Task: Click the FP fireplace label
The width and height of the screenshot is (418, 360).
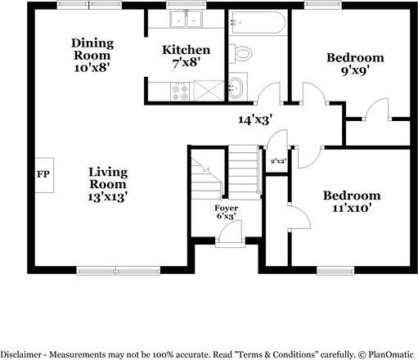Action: tap(43, 174)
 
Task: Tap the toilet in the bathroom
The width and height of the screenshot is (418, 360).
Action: tap(240, 53)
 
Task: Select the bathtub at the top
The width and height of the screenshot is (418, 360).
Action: tap(257, 22)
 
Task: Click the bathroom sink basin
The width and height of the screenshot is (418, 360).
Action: tap(236, 88)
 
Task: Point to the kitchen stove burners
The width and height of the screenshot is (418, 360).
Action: tap(180, 92)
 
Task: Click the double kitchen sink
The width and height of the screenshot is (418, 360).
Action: tap(187, 19)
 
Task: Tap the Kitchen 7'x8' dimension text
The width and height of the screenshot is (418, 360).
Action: tap(187, 63)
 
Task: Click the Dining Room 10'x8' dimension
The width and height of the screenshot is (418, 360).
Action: tap(92, 68)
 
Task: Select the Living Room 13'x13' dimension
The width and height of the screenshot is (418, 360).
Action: tap(108, 197)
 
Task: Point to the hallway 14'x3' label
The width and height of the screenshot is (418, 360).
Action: tap(255, 119)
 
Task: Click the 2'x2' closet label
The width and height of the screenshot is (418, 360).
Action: tap(277, 161)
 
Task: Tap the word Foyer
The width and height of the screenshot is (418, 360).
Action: tap(227, 208)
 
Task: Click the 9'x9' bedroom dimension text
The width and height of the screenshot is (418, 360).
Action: tap(355, 71)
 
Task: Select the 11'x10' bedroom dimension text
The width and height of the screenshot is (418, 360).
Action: tap(352, 209)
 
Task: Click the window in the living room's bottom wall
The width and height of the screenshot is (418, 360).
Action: tap(118, 271)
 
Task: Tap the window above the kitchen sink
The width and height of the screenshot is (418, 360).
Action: tap(187, 5)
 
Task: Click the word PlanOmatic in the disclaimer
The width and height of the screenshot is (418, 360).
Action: tap(391, 355)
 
